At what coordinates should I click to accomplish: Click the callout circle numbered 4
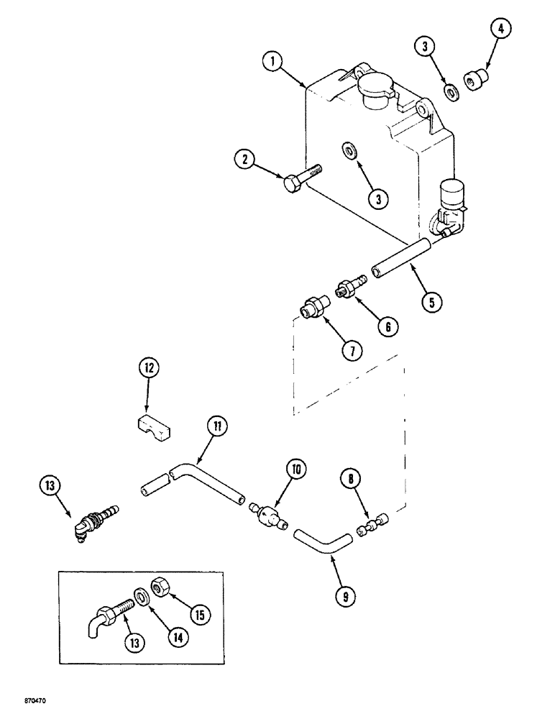480,32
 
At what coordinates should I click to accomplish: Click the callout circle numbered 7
352,351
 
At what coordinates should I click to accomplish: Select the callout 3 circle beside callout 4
428,47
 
